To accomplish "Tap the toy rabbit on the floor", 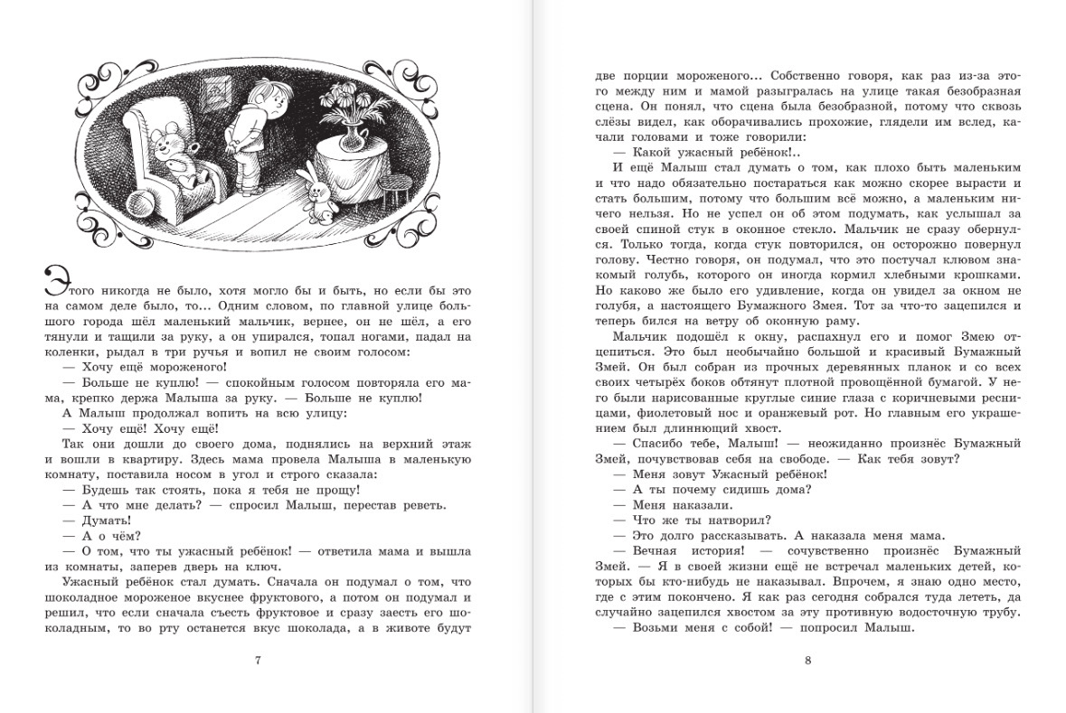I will tap(318, 192).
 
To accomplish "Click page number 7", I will tap(259, 660).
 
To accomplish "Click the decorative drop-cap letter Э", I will tap(52, 282).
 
